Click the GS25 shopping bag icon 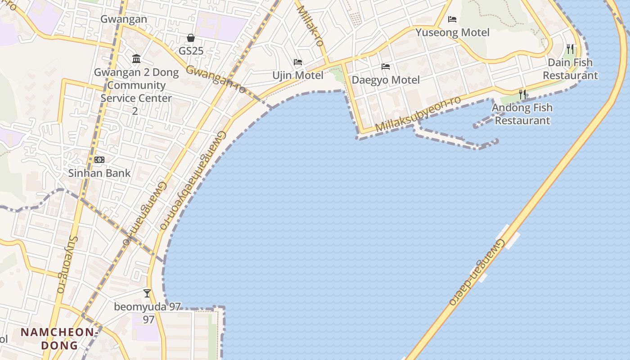click(x=191, y=38)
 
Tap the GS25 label click(x=191, y=51)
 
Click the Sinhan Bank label click(x=99, y=173)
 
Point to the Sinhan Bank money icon click(x=99, y=160)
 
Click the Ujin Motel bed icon click(x=297, y=62)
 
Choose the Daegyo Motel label click(x=386, y=80)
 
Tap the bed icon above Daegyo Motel click(x=386, y=67)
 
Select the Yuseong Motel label click(x=452, y=32)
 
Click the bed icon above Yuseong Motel click(x=452, y=19)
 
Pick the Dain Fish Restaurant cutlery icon click(x=570, y=49)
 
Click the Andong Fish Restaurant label click(x=522, y=114)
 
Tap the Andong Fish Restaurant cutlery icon click(x=522, y=94)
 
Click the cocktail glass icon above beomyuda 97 click(x=147, y=293)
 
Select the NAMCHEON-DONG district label click(x=59, y=339)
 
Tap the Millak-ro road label click(x=310, y=26)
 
